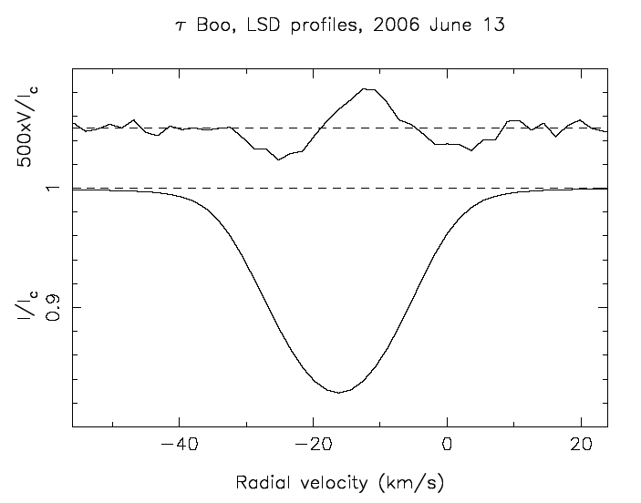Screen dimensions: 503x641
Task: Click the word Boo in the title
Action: pos(211,26)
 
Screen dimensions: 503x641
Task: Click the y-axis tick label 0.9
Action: pos(53,308)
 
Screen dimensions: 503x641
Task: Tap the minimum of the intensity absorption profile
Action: pos(339,392)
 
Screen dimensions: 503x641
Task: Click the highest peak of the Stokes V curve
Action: pos(367,88)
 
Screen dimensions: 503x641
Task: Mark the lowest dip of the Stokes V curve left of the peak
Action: pos(278,159)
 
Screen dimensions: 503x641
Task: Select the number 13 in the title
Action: pos(493,26)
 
